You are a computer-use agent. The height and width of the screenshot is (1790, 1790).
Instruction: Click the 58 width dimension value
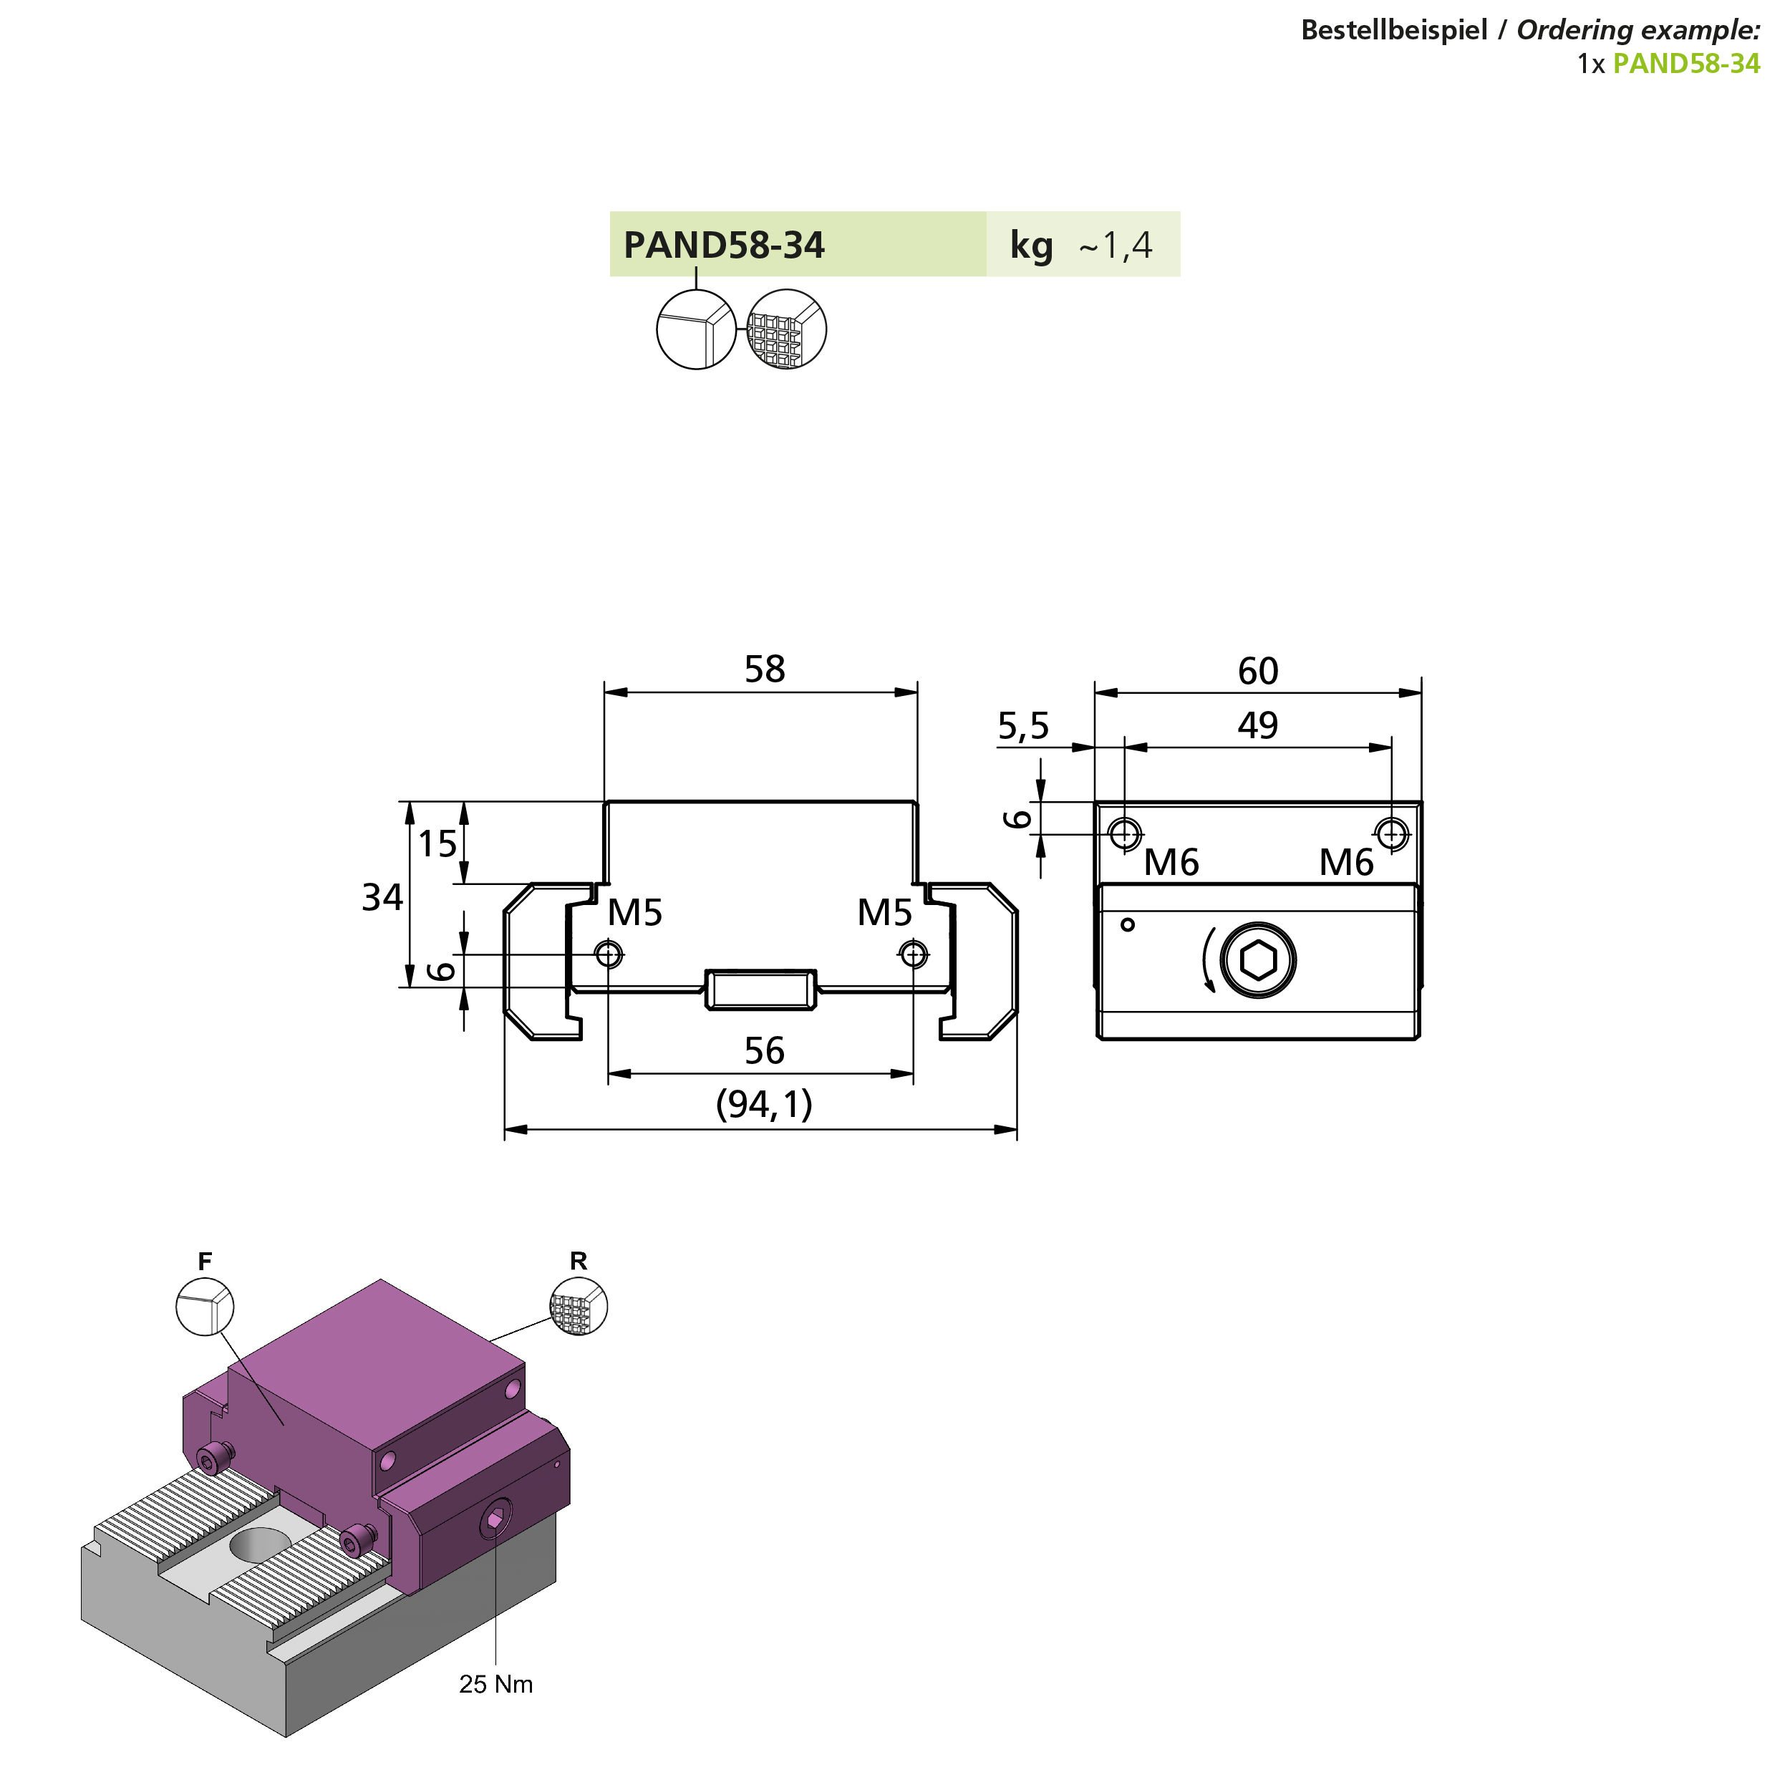(x=765, y=669)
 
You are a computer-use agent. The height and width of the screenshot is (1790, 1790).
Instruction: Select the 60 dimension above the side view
(x=1257, y=671)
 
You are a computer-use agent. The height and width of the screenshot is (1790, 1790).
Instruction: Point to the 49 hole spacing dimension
(x=1257, y=725)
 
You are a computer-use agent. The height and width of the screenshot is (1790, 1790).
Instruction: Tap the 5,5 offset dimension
(x=1023, y=726)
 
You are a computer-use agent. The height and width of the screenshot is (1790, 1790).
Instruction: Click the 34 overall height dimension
(x=382, y=897)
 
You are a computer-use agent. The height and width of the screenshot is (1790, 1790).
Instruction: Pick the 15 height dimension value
(x=437, y=844)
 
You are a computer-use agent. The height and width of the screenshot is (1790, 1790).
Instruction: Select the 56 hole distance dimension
(x=765, y=1050)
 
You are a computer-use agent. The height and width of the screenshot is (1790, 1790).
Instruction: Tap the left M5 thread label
(x=634, y=913)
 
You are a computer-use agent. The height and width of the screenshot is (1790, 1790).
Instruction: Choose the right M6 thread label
(x=1346, y=863)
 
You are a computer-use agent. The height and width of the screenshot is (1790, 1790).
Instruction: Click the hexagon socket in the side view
(x=1257, y=961)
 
